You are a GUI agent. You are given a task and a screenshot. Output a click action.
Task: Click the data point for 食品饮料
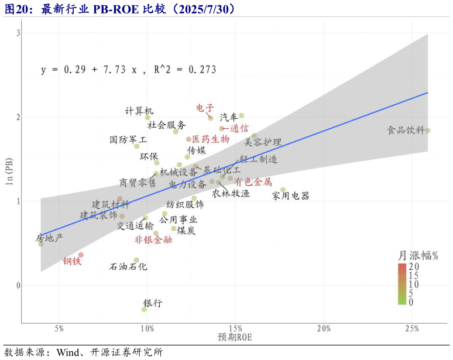[x=428, y=131]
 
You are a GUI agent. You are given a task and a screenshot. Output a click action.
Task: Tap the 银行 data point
[x=144, y=309]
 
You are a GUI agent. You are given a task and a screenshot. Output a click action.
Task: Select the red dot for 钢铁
[x=81, y=255]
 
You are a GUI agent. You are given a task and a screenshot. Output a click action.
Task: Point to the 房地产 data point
[x=40, y=244]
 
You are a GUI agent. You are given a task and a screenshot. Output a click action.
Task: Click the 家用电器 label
[x=291, y=196]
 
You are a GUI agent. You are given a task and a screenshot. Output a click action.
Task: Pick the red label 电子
[x=205, y=108]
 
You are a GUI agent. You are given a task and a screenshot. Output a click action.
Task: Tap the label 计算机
[x=139, y=111]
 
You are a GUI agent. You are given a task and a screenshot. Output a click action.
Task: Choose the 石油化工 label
[x=129, y=266]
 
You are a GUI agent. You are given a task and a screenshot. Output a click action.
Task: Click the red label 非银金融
[x=153, y=239]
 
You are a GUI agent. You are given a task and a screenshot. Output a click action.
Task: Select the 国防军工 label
[x=129, y=140]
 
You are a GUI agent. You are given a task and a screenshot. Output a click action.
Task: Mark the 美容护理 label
[x=263, y=142]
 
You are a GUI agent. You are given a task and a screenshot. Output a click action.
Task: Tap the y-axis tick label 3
[x=18, y=33]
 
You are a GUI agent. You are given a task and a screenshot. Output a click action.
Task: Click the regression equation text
[x=128, y=70]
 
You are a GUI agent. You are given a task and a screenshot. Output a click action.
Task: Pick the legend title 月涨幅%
[x=418, y=256]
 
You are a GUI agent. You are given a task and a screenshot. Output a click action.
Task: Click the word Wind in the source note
[x=68, y=352]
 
